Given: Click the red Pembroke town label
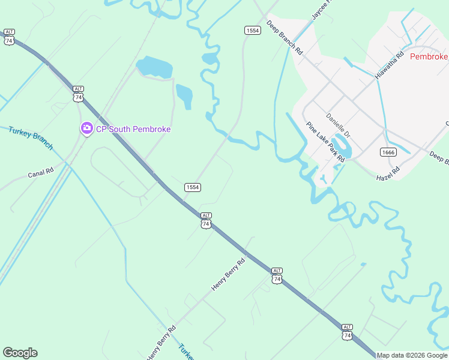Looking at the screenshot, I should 429,56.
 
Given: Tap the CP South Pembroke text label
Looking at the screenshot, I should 133,129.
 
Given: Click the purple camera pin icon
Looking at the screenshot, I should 86,128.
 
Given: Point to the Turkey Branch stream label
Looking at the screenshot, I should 31,138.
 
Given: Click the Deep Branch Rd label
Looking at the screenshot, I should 285,38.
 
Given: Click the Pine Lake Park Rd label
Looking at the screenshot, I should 325,142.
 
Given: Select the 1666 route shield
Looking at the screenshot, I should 388,152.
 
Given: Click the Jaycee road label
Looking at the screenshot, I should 321,10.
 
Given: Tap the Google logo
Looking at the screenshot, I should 20,353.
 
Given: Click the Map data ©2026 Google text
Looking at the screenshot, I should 412,355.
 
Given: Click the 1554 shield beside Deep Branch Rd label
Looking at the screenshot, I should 253,30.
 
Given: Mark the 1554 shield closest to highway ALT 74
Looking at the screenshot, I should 192,187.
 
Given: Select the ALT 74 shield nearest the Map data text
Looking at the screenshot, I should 347,332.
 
